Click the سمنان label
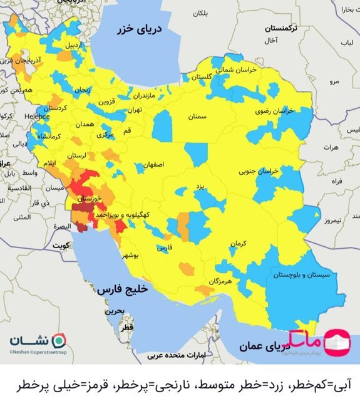(197, 117)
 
